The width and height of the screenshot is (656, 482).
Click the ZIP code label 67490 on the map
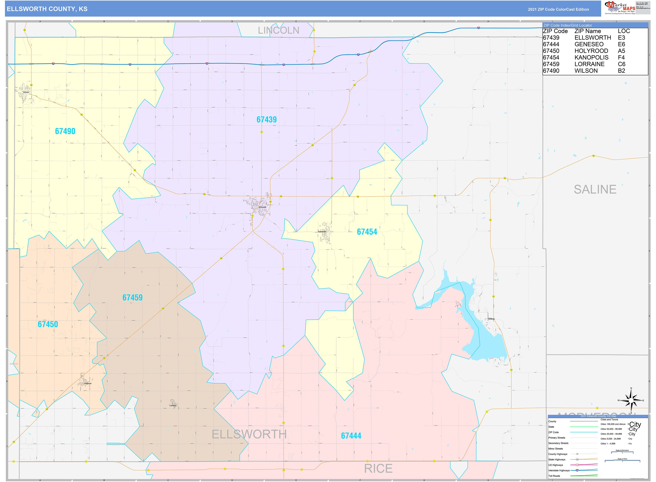pos(65,131)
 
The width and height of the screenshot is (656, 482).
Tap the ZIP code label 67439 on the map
pos(266,120)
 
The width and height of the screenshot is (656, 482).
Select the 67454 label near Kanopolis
pos(367,232)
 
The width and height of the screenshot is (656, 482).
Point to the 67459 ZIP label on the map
pos(132,298)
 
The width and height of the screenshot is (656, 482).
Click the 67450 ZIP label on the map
pos(48,324)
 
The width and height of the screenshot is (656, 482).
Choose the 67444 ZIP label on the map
pos(351,436)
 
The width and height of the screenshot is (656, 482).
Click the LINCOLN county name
pos(278,30)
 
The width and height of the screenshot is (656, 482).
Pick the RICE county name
pos(378,469)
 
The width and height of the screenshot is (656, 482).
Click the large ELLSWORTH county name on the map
pos(249,434)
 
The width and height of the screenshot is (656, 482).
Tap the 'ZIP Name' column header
pos(587,31)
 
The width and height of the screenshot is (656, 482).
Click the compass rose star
pos(631,400)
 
